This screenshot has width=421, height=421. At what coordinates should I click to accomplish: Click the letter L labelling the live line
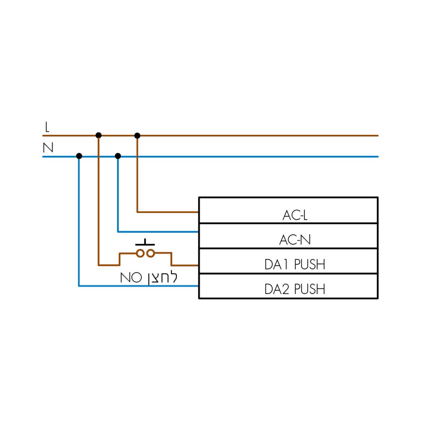pyautogui.click(x=47, y=127)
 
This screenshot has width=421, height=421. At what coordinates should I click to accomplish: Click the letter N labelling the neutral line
pyautogui.click(x=48, y=147)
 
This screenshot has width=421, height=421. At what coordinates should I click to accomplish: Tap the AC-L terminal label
pyautogui.click(x=295, y=215)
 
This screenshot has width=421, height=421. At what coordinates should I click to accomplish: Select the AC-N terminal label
pyautogui.click(x=295, y=240)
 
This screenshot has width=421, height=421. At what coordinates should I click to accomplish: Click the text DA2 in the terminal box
pyautogui.click(x=277, y=289)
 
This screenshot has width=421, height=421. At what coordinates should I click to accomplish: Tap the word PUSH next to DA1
pyautogui.click(x=309, y=264)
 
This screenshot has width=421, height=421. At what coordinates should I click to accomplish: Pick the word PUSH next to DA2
pyautogui.click(x=309, y=289)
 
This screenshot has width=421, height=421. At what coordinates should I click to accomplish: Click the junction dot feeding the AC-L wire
pyautogui.click(x=137, y=136)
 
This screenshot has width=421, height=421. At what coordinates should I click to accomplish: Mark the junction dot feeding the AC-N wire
pyautogui.click(x=118, y=156)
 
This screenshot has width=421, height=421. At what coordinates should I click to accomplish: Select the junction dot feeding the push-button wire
pyautogui.click(x=99, y=135)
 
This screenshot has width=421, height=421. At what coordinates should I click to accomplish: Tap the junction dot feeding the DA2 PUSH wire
pyautogui.click(x=79, y=156)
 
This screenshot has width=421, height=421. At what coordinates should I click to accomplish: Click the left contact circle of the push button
pyautogui.click(x=140, y=253)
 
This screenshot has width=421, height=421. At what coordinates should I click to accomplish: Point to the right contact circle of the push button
pyautogui.click(x=151, y=253)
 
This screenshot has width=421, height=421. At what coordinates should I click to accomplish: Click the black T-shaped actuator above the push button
pyautogui.click(x=145, y=243)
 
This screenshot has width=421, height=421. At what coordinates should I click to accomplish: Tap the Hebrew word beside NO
pyautogui.click(x=163, y=278)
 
